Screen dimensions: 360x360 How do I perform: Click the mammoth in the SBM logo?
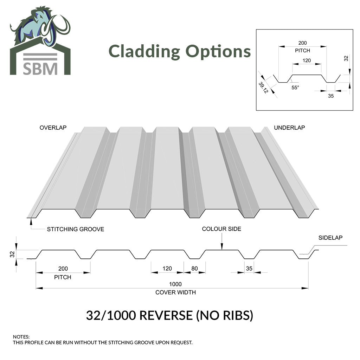click(x=40, y=26)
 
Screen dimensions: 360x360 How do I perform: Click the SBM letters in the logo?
click(x=40, y=69)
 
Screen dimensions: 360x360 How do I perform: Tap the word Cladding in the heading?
click(x=144, y=52)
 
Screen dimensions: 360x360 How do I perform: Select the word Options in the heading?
click(x=218, y=52)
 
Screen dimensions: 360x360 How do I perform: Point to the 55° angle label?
click(x=295, y=88)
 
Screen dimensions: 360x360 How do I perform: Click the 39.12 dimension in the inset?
click(x=263, y=88)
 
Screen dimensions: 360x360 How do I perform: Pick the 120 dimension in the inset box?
click(x=307, y=60)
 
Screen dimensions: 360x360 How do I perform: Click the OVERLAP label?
click(x=53, y=128)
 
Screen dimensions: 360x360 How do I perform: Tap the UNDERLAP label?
click(x=289, y=128)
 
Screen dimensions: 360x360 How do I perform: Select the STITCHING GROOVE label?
click(x=76, y=229)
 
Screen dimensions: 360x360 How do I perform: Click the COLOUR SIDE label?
click(x=221, y=229)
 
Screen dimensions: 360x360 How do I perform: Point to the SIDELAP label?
click(x=330, y=238)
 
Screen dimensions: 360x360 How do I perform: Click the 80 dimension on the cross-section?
click(x=194, y=268)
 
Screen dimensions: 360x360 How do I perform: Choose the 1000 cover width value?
click(x=175, y=284)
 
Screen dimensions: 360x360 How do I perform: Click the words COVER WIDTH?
click(x=176, y=292)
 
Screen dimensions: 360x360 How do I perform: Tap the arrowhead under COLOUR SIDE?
click(x=222, y=246)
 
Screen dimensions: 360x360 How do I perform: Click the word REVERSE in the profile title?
click(x=166, y=315)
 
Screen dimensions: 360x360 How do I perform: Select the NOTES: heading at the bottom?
click(x=21, y=337)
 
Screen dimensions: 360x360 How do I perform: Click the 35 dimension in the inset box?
click(x=330, y=96)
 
